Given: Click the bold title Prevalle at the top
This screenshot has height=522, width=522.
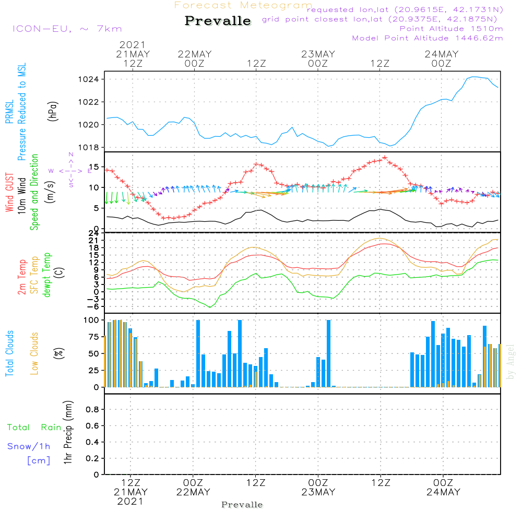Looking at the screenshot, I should pyautogui.click(x=218, y=21).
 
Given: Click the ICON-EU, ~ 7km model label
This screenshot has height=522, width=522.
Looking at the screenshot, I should pyautogui.click(x=67, y=29).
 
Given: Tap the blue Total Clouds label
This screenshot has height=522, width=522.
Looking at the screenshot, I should pyautogui.click(x=9, y=353).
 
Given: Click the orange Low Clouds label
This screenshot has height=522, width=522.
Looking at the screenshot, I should pyautogui.click(x=34, y=353).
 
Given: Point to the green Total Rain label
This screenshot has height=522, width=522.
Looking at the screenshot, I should pyautogui.click(x=34, y=428).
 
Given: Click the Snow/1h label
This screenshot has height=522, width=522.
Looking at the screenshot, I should pyautogui.click(x=29, y=446).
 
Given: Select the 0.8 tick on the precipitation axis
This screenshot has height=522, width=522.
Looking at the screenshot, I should pyautogui.click(x=92, y=410).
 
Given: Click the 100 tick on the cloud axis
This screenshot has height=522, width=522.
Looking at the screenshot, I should pyautogui.click(x=91, y=320).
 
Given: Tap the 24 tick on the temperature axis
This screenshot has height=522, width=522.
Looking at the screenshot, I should pyautogui.click(x=93, y=233).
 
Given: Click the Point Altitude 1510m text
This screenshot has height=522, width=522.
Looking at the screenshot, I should pyautogui.click(x=451, y=28).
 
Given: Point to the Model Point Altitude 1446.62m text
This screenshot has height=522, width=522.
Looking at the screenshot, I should pyautogui.click(x=428, y=38).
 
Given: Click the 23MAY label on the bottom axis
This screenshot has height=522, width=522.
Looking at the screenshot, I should pyautogui.click(x=318, y=492).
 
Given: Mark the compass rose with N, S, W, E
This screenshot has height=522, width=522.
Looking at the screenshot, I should pyautogui.click(x=71, y=171).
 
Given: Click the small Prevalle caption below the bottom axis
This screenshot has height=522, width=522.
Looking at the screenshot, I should pyautogui.click(x=242, y=505).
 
